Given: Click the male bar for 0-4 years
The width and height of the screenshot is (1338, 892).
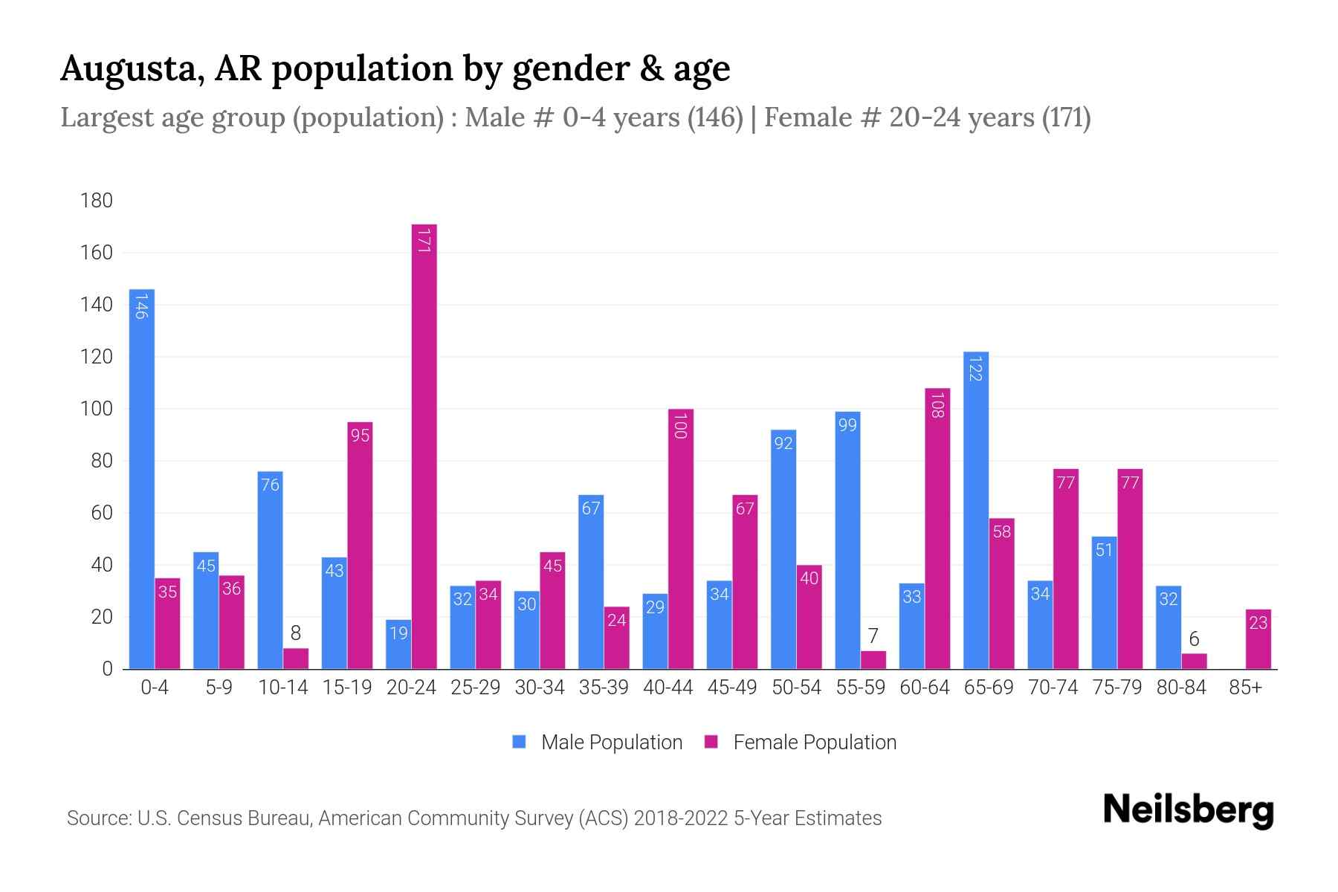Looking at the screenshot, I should point(141,479).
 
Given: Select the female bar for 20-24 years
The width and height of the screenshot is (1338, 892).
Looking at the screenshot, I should point(424,446).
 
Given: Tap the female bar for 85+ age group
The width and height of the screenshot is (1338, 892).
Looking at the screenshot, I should point(1258,639).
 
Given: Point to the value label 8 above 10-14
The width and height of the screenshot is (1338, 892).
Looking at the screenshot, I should point(295,633).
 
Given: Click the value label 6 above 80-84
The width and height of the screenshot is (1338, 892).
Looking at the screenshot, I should point(1194,639).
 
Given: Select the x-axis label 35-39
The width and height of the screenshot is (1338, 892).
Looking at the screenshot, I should point(604,688).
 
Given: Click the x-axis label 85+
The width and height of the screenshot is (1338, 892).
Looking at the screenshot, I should point(1245,688).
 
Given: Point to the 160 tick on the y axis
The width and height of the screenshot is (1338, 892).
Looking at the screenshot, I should point(97,253).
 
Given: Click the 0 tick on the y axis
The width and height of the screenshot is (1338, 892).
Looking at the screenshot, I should point(107,669).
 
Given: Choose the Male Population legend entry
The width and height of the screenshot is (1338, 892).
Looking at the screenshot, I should point(611,743).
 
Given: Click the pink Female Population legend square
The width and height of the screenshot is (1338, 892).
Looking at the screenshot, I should point(711,742).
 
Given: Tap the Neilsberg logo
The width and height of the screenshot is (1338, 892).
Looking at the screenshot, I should point(1188,811).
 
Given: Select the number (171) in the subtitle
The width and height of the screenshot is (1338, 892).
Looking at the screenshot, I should point(1066,117).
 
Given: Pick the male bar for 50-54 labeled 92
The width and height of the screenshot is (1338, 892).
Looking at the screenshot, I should point(783,550).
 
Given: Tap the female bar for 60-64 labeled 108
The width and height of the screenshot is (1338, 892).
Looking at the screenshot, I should point(937,528).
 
